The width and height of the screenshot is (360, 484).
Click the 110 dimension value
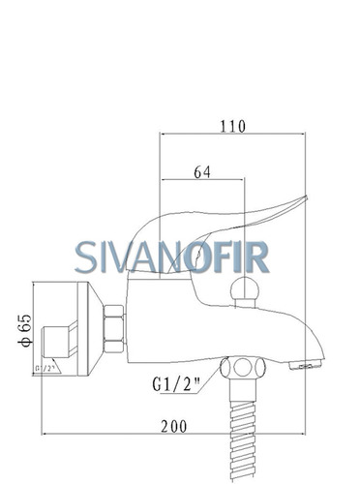point(232,126)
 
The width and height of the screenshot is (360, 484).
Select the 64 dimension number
point(202,172)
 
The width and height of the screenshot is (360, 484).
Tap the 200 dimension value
point(174,426)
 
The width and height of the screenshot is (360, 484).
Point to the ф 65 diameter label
point(24,330)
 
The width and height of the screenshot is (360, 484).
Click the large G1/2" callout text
point(176,384)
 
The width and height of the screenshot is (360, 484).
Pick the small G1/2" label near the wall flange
point(44,368)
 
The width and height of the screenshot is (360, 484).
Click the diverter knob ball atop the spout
point(245,288)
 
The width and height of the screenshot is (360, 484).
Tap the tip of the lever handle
point(306,197)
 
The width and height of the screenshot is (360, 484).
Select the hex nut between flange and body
point(113,328)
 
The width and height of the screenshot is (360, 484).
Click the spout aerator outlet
point(305,366)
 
